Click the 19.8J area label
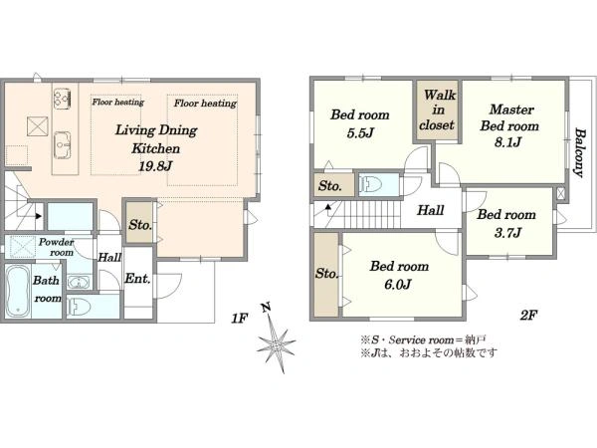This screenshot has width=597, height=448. [155, 166]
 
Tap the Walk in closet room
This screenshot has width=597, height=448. [437, 111]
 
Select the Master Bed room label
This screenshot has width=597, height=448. [509, 117]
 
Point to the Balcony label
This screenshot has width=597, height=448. [580, 153]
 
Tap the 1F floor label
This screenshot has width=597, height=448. [240, 318]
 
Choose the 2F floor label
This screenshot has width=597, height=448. [528, 315]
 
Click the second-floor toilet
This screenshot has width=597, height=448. [370, 185]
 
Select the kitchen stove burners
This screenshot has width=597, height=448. [63, 99]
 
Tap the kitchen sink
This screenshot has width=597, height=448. [63, 144]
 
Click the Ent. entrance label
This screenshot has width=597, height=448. [137, 279]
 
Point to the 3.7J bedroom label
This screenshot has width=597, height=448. [507, 232]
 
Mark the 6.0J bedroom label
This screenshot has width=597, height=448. [398, 284]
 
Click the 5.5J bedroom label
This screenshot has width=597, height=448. [360, 132]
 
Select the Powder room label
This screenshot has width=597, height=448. [57, 247]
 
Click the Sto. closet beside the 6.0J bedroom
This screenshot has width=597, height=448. [326, 274]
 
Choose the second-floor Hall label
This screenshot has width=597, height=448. [430, 210]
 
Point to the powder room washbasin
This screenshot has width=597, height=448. [80, 283]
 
